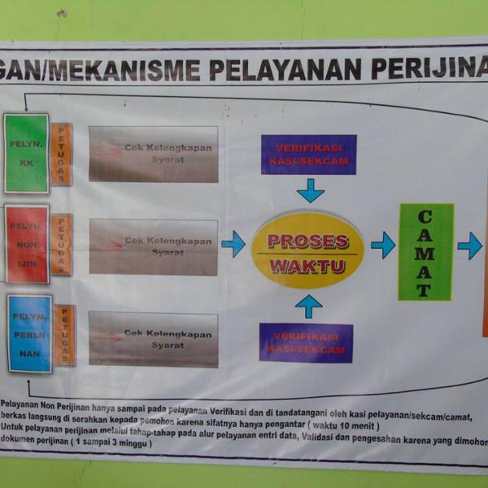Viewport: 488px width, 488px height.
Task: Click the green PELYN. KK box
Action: point(26,153)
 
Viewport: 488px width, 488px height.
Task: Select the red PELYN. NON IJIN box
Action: point(27,243)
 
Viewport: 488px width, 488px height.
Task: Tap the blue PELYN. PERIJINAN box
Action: point(29,333)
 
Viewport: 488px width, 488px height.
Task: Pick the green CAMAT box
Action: point(425,251)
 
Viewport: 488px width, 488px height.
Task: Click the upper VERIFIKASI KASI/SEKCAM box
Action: point(308,155)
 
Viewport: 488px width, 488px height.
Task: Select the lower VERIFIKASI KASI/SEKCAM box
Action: point(306,342)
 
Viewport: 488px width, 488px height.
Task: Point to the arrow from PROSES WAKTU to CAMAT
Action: point(382,245)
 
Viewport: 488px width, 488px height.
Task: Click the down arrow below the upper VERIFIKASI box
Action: point(310,191)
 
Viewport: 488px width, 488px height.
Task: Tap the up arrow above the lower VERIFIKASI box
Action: point(308,306)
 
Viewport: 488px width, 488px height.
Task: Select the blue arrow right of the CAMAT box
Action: point(469,246)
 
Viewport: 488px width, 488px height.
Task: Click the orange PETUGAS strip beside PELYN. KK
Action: point(61,155)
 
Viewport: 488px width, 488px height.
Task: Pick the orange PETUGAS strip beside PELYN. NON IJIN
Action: point(62,244)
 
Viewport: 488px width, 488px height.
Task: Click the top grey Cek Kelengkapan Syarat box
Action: point(154,154)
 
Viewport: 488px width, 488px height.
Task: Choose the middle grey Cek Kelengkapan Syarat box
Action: point(154,246)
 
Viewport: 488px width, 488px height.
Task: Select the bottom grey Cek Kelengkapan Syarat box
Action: point(154,339)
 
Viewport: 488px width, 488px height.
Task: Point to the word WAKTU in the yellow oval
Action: point(307,266)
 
